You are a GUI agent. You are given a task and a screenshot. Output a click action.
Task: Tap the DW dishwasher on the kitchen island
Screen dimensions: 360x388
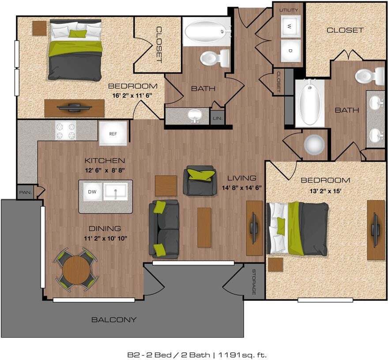[92, 192]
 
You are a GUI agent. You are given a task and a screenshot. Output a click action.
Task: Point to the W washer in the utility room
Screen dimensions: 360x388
[290, 27]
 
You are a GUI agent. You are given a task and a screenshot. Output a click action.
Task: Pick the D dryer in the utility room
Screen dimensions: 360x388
[290, 50]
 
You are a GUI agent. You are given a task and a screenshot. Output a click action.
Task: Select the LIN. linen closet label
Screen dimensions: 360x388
[217, 118]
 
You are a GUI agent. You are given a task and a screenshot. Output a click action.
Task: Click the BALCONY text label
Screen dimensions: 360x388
[114, 319]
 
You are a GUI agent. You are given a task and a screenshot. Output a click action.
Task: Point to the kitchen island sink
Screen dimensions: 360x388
[116, 192]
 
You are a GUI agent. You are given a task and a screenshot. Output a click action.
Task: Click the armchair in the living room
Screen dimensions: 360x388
[200, 180]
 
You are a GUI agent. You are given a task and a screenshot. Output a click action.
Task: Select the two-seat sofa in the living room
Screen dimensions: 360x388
[164, 229]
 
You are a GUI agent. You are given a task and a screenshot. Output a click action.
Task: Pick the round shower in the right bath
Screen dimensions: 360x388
[314, 144]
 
